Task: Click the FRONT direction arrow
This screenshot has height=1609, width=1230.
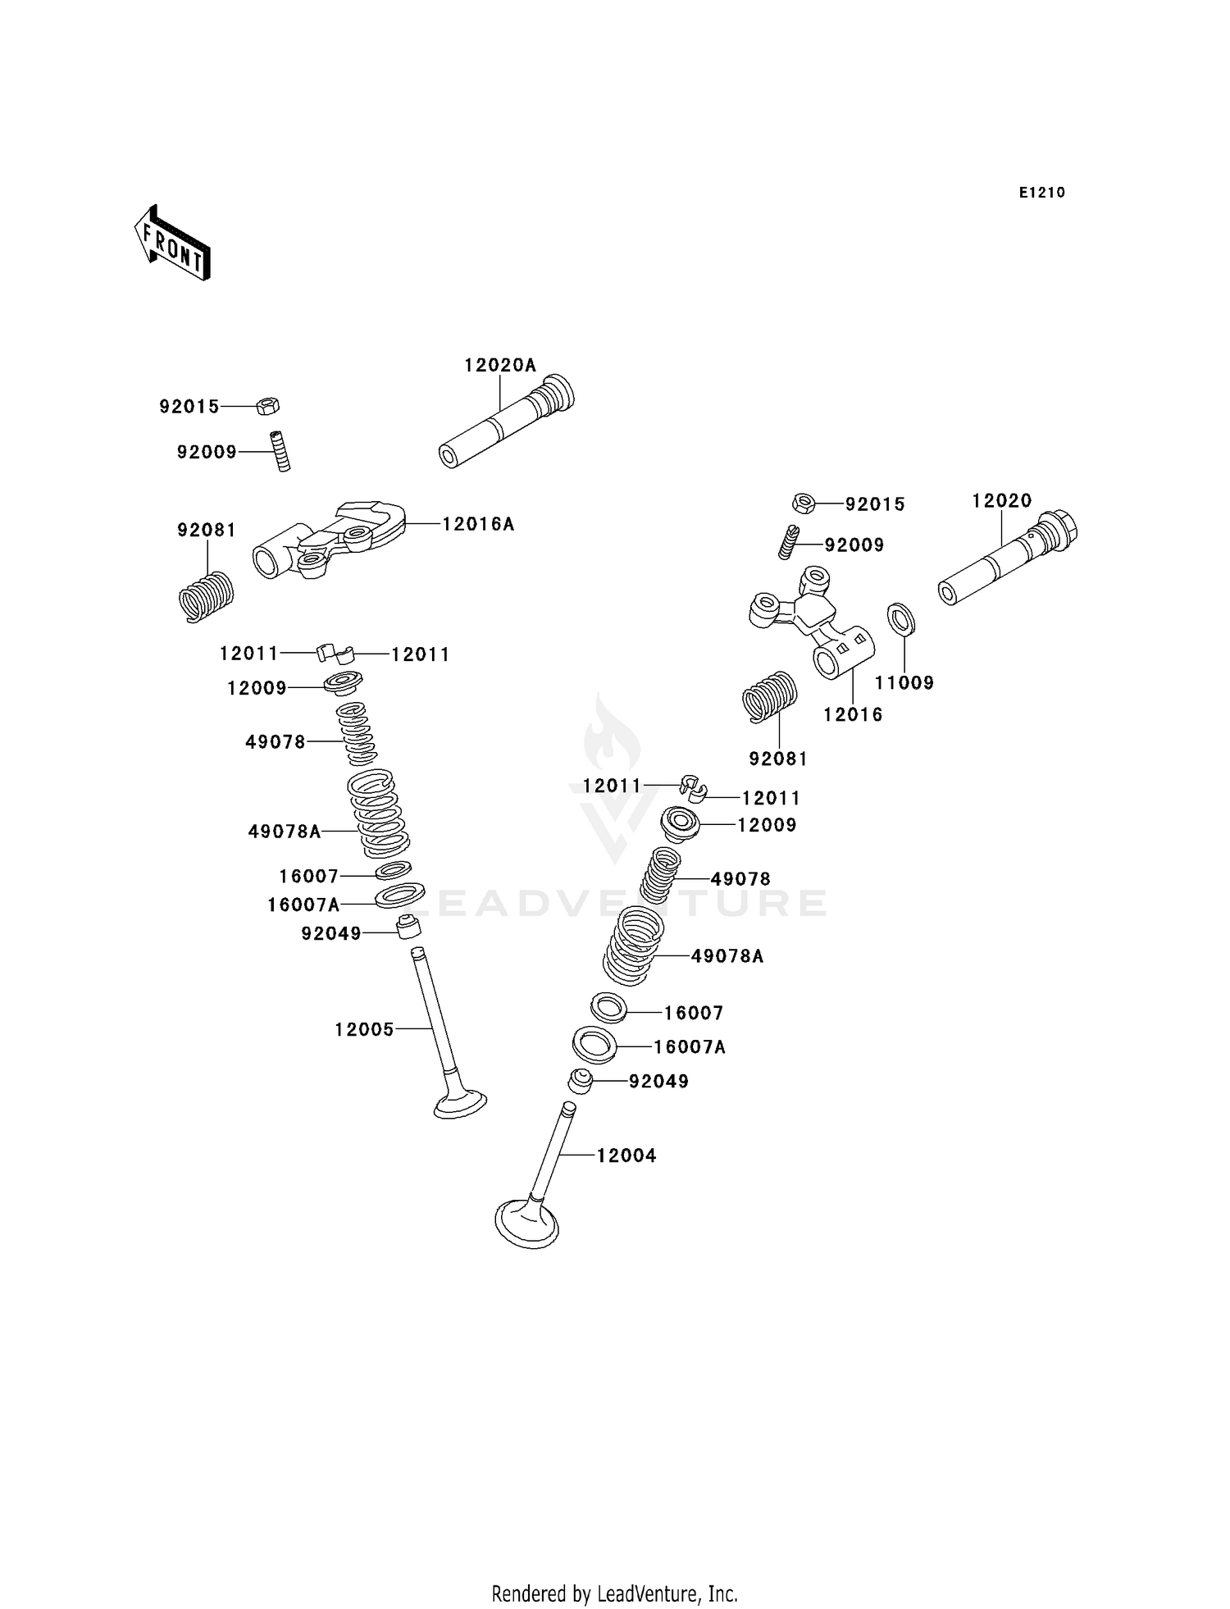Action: pos(172,244)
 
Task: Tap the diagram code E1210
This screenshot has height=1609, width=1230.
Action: pos(1042,193)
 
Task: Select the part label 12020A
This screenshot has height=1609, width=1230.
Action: pos(500,365)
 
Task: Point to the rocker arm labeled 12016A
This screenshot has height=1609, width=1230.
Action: pos(329,540)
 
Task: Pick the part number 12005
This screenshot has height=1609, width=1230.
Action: pos(364,1029)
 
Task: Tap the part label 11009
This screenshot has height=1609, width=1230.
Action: pos(904,683)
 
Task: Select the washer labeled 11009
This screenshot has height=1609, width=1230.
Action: pos(901,618)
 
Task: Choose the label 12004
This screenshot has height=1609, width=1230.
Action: pos(626,1155)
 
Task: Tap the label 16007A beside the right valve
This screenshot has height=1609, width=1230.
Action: pos(690,1047)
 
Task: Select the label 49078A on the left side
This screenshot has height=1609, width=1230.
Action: pos(285,832)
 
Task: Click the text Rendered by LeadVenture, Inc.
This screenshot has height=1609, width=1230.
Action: pos(615,1594)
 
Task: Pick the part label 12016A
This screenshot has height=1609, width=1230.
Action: pos(479,524)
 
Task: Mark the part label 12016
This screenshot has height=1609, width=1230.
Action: pos(854,714)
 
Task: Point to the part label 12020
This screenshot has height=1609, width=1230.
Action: pos(1002,500)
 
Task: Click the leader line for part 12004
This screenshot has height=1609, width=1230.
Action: pos(577,1155)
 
